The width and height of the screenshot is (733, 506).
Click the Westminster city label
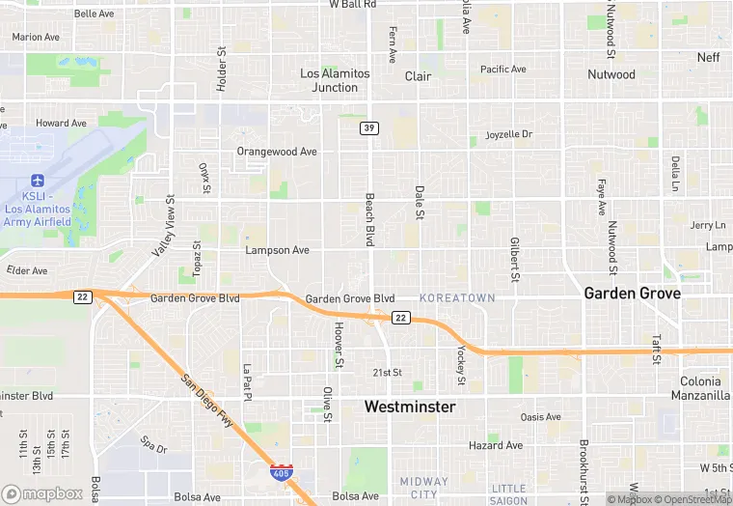(409, 408)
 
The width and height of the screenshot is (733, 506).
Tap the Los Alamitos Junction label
(335, 80)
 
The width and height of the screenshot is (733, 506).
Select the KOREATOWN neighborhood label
(459, 298)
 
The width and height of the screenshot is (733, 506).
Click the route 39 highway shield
(368, 127)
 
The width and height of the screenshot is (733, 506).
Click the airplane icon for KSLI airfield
(38, 181)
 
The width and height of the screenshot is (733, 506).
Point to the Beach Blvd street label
(368, 218)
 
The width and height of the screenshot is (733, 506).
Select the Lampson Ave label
(277, 250)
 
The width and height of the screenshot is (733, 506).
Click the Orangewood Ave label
(277, 152)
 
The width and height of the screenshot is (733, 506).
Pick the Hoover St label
(339, 345)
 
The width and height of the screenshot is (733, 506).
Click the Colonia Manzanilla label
(700, 388)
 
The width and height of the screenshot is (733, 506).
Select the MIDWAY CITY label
(423, 488)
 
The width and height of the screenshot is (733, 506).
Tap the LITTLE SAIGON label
(508, 494)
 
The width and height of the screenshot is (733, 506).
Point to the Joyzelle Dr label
(509, 134)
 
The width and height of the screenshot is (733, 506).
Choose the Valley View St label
(162, 227)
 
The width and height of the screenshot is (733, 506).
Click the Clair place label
(418, 76)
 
